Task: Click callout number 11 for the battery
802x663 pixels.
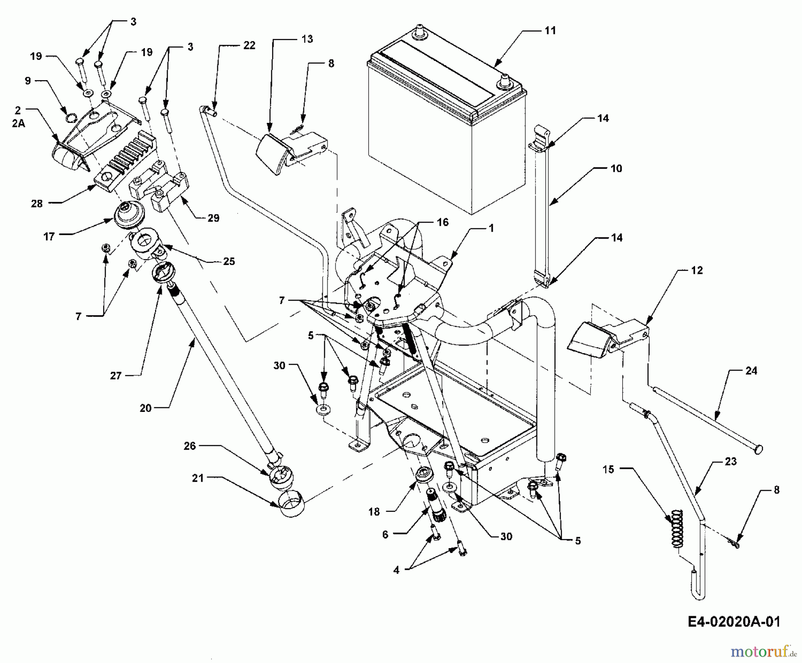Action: coord(550,30)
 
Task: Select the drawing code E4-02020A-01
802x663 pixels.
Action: coord(734,622)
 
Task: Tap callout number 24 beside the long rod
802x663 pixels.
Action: coord(751,370)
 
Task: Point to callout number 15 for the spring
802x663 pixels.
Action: coord(608,469)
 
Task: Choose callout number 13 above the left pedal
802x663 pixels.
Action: coord(307,39)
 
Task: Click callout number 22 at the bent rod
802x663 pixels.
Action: coord(249,45)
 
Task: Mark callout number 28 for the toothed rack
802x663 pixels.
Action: coord(37,203)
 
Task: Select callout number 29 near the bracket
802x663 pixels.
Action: coord(213,218)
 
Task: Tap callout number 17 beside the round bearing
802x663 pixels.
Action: coord(49,236)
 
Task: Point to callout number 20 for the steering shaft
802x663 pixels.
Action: coord(146,407)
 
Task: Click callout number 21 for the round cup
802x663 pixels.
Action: coord(198,478)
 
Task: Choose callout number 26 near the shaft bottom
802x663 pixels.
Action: coord(190,446)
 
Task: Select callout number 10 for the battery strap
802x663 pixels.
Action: coord(616,168)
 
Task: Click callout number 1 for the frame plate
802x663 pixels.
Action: coord(491,228)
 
